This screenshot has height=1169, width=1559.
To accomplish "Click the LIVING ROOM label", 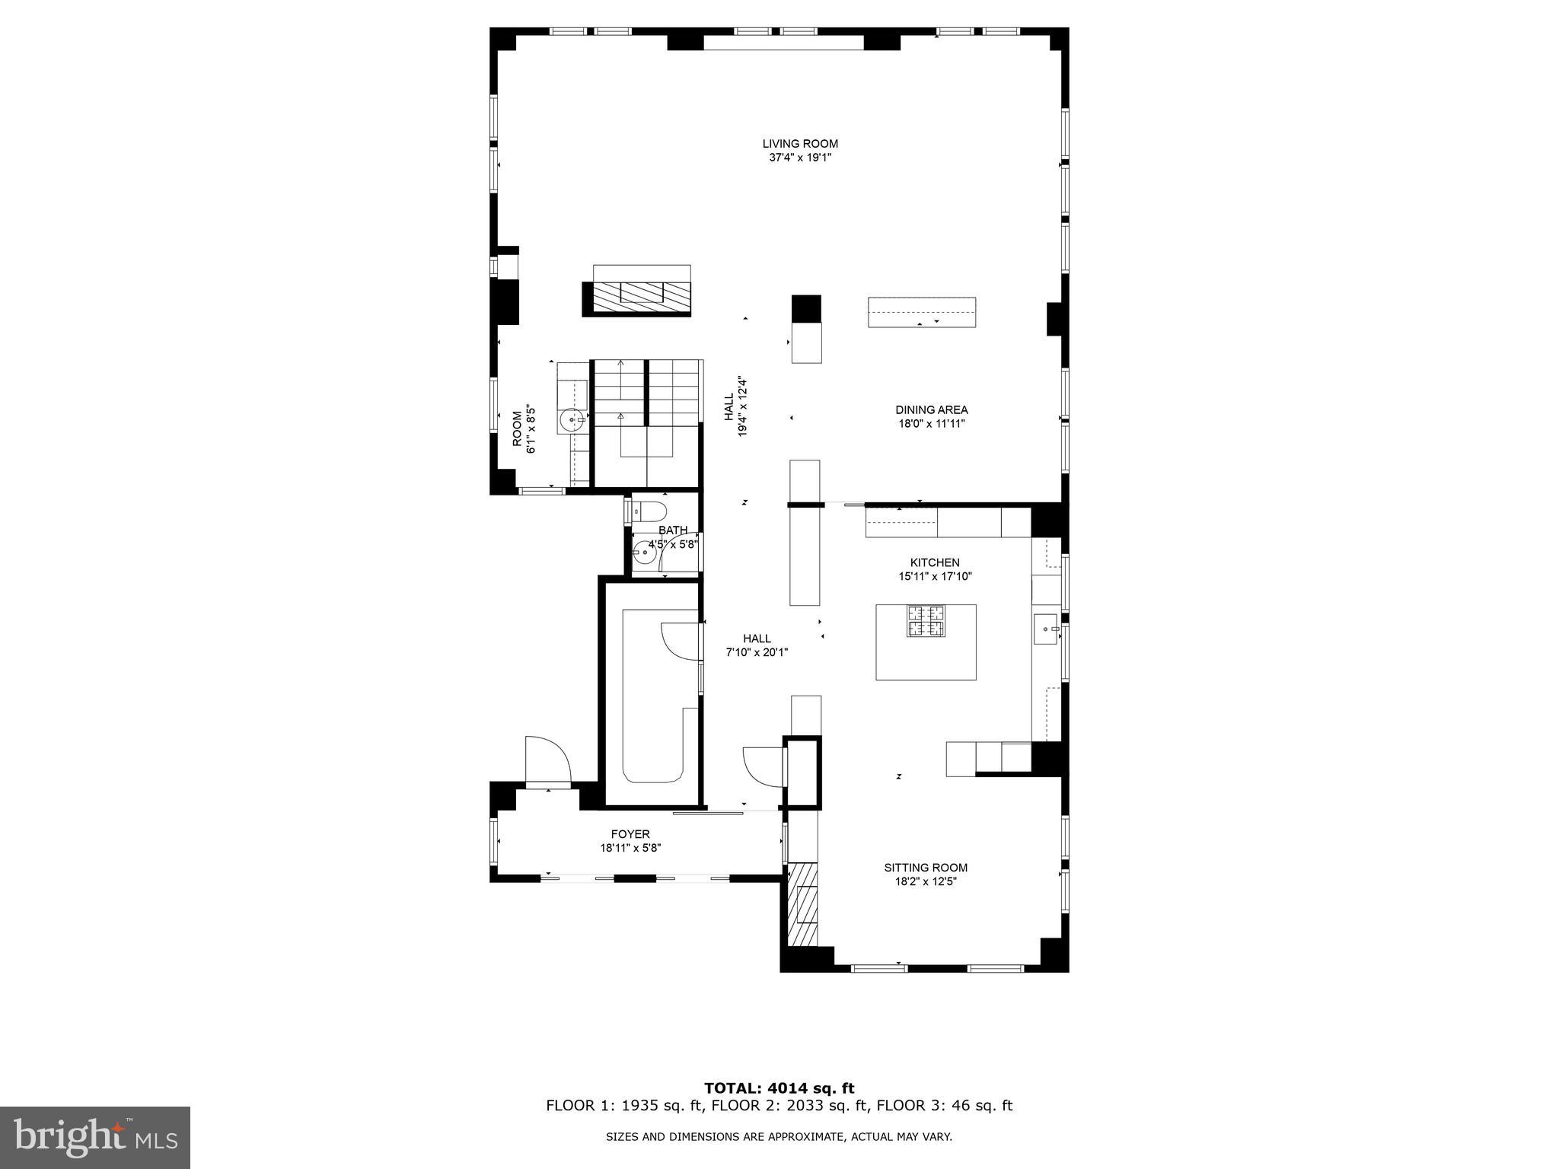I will [800, 144].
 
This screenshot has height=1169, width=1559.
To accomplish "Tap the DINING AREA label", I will [931, 410].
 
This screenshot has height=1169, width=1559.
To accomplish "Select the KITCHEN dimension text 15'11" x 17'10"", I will [935, 577].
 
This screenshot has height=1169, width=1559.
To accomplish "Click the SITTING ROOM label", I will [926, 868].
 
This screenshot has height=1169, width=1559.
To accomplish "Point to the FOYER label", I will [630, 834].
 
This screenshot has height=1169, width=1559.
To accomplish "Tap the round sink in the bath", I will [645, 550].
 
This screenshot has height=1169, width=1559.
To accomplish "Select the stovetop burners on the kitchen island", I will [925, 620].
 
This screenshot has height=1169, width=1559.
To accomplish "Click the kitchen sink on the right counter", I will [1046, 629].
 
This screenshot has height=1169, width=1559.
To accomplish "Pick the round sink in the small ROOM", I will [572, 419].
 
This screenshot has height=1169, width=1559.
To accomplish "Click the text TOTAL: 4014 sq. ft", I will [779, 1088].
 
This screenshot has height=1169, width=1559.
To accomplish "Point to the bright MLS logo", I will [95, 1138].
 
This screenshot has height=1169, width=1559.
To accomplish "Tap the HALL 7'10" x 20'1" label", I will [757, 645].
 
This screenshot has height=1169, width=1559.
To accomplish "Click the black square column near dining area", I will [806, 308].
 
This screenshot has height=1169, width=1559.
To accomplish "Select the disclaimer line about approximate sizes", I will [779, 1137].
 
